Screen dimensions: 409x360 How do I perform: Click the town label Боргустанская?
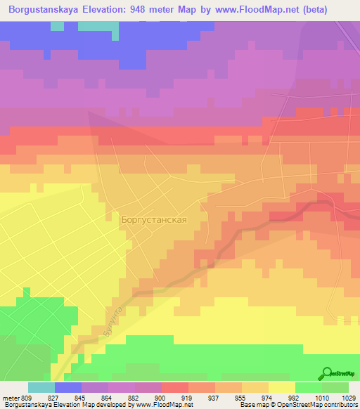pyautogui.click(x=153, y=219)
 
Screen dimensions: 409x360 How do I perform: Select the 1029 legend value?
pyautogui.click(x=348, y=398)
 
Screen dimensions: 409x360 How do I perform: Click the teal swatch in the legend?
pyautogui.click(x=41, y=387)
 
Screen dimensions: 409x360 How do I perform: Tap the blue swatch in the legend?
pyautogui.click(x=68, y=387)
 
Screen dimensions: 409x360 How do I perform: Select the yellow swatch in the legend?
pyautogui.click(x=281, y=387)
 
